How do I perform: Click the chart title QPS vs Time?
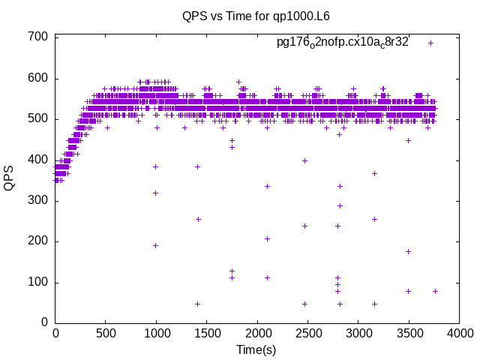(256, 16)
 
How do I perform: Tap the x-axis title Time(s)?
(256, 349)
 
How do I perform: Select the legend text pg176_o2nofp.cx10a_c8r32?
(342, 42)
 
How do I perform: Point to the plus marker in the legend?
(431, 43)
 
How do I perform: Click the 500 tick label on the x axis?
(106, 333)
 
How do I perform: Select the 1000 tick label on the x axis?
(156, 333)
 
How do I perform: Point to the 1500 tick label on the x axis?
(206, 333)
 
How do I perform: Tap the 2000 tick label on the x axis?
(256, 333)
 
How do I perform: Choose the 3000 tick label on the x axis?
(357, 333)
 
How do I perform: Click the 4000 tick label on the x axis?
(457, 333)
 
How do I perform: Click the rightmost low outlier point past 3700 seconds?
(435, 291)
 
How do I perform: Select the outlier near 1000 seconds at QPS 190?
(156, 245)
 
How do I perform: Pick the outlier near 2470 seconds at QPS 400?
(304, 160)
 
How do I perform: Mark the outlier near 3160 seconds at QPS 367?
(374, 173)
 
